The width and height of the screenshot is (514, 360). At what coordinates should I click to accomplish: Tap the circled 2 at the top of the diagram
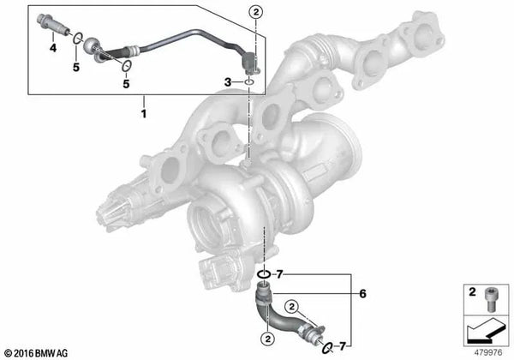tap(252, 11)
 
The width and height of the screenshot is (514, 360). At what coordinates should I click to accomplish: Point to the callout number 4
tap(53, 50)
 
